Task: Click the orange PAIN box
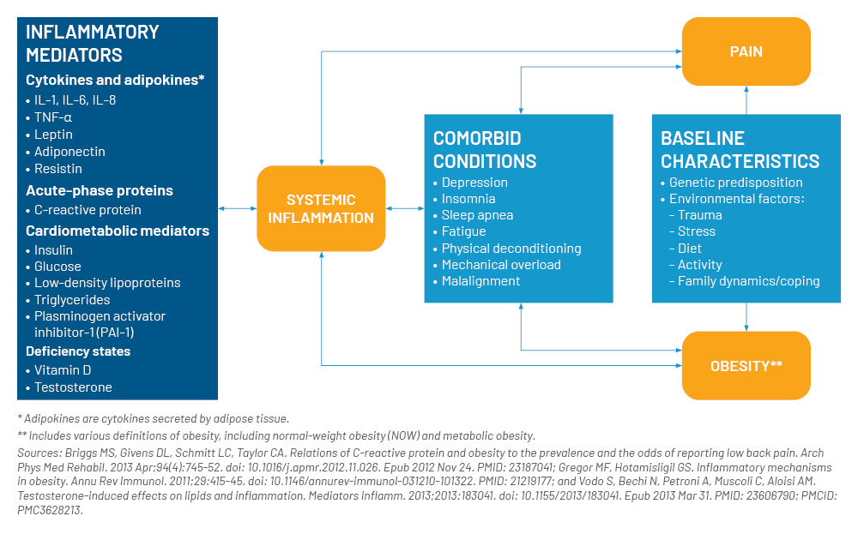(x=746, y=51)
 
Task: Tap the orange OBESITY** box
(x=746, y=365)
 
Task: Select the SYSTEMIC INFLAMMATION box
(x=321, y=208)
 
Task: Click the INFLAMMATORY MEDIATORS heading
(x=93, y=43)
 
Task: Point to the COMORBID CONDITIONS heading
(x=485, y=150)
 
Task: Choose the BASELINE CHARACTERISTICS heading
(x=740, y=150)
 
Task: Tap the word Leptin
(x=53, y=135)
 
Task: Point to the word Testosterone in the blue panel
(x=73, y=387)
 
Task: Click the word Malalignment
(x=481, y=281)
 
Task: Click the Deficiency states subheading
(x=78, y=351)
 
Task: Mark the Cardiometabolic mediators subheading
(x=118, y=231)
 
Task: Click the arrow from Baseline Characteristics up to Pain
(x=746, y=100)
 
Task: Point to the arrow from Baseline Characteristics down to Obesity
(x=746, y=317)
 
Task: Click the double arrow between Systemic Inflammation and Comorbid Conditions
(x=405, y=208)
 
